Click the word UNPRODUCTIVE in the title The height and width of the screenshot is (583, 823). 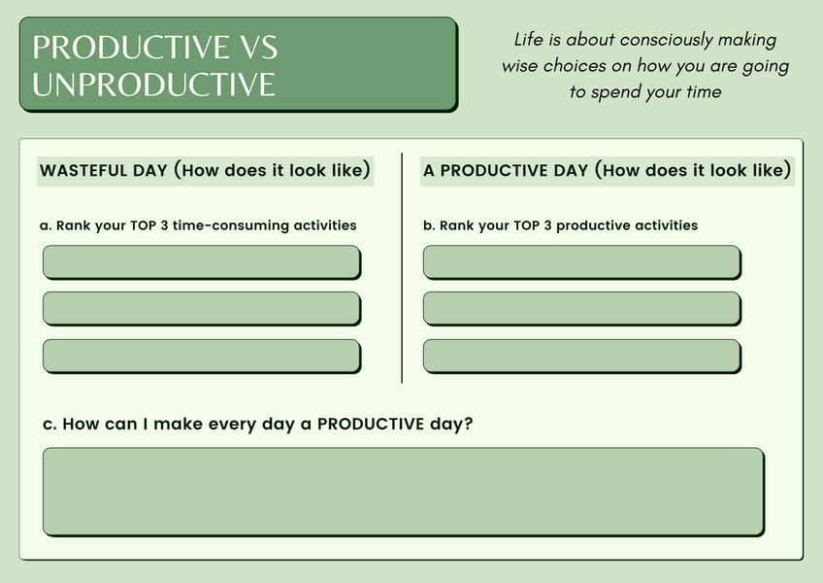tap(153, 85)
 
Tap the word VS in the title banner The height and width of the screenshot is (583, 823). tap(259, 48)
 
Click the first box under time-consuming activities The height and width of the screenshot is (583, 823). tap(202, 261)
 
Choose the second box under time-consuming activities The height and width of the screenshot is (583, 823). tap(202, 309)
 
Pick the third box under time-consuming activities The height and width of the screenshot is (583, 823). tap(202, 357)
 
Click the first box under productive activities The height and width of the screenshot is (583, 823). tap(582, 261)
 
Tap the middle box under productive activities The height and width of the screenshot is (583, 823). tap(582, 309)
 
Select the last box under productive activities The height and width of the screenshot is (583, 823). tap(582, 357)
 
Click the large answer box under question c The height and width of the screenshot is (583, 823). tap(404, 492)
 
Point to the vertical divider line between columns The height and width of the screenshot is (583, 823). tap(402, 268)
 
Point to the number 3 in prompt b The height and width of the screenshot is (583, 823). tap(548, 225)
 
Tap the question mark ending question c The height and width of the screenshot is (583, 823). tap(468, 424)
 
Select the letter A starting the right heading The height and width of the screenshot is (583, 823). tap(429, 171)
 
